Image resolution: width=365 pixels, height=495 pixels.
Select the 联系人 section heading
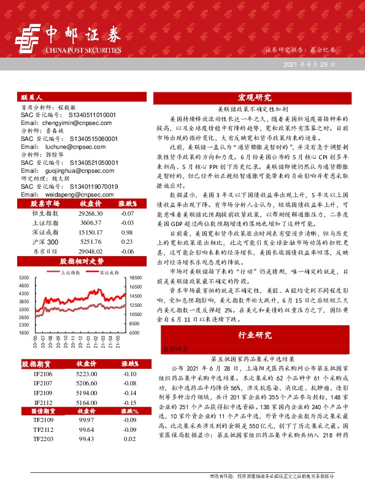(x=32, y=97)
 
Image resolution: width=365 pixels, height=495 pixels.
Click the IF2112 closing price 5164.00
(x=86, y=402)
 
